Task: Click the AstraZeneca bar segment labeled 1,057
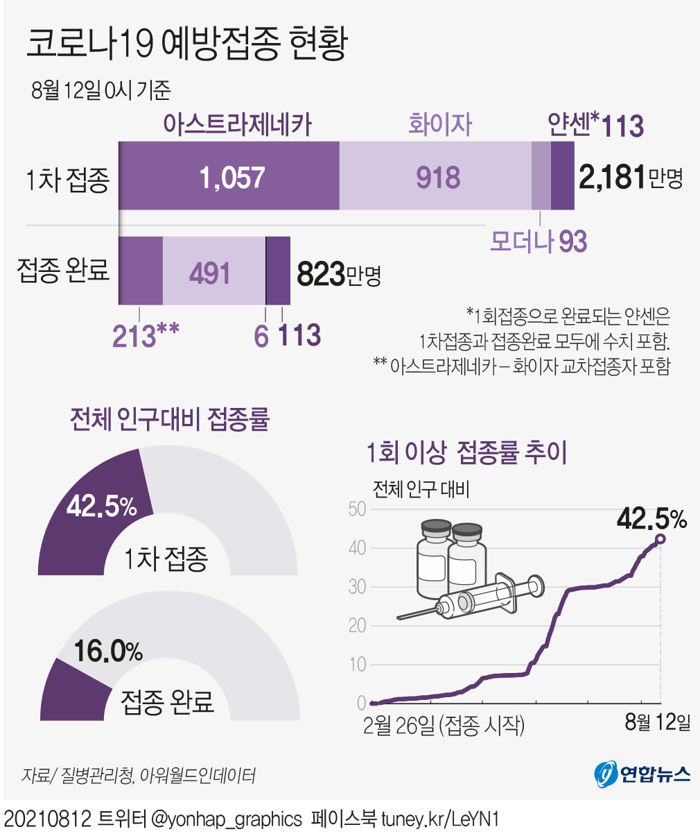tap(231, 178)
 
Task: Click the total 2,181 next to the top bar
tap(613, 178)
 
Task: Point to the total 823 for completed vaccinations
tap(322, 274)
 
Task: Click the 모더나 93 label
tap(538, 241)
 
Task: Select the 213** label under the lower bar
tap(146, 335)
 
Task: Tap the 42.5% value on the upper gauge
tap(102, 506)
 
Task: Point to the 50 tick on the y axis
tap(357, 509)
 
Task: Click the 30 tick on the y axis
tap(357, 587)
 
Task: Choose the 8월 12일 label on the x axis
tap(657, 722)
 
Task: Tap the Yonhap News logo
tap(642, 774)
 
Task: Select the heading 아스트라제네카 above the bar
tap(238, 125)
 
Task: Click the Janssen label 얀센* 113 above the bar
tap(595, 125)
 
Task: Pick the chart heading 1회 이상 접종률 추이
tap(466, 452)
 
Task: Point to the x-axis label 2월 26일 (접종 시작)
tap(444, 725)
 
